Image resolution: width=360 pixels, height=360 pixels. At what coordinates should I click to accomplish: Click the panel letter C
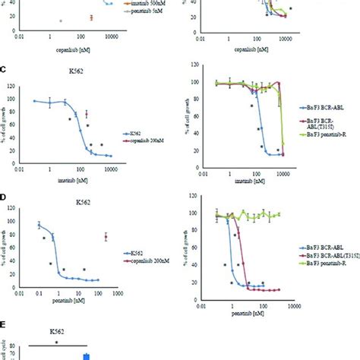(5, 70)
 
